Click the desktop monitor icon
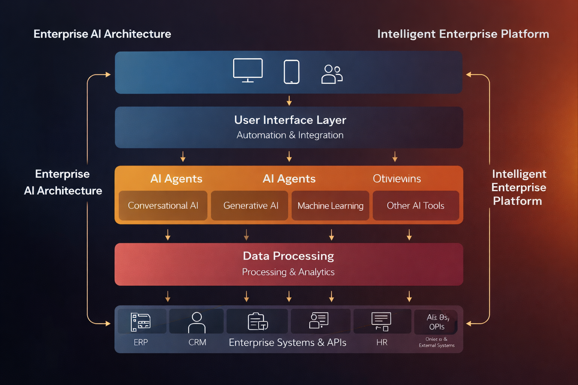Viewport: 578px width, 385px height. [x=248, y=70]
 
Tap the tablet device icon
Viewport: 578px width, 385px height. [x=291, y=71]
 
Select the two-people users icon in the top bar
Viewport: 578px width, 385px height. [x=332, y=74]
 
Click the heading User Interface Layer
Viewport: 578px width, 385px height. [x=290, y=120]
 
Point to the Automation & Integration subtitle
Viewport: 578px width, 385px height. [x=290, y=135]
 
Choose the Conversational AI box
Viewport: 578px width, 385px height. [x=163, y=205]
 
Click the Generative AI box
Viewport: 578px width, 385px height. [x=251, y=205]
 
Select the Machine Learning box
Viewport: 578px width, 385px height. [x=330, y=206]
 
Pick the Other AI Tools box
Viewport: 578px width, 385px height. [x=415, y=205]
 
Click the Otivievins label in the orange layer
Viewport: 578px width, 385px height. [x=397, y=179]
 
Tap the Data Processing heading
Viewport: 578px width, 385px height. [x=288, y=256]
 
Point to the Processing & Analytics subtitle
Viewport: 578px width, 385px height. [x=288, y=272]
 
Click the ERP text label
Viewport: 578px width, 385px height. [x=141, y=342]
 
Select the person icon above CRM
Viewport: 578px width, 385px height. [x=197, y=322]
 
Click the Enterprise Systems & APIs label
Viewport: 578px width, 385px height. [x=287, y=342]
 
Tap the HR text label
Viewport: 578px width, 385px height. [x=382, y=342]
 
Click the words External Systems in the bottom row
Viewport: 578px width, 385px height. [x=437, y=345]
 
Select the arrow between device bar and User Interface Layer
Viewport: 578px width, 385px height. [x=289, y=100]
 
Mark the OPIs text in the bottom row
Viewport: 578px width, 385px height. [x=437, y=327]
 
